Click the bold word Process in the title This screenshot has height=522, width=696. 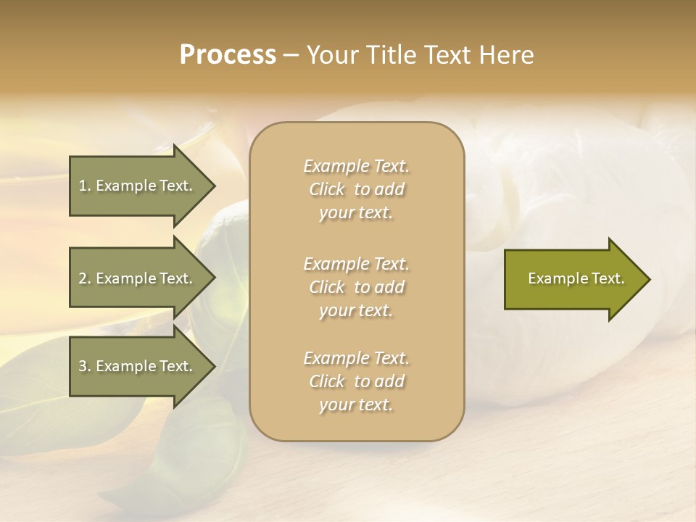point(228,54)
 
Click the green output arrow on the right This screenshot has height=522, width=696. point(573,279)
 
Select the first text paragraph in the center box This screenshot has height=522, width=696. point(356,189)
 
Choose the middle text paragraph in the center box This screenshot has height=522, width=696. point(356,287)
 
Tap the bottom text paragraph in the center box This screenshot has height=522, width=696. point(356,381)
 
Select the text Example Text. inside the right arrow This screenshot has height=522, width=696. point(576,278)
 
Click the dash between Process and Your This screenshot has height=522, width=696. point(291,55)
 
